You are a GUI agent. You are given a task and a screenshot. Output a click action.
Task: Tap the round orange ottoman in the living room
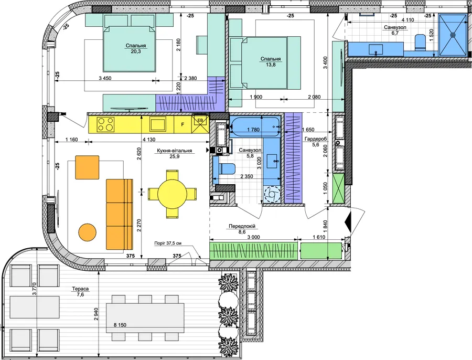point(87,232)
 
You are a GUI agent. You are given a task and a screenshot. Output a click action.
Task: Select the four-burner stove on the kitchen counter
point(106,124)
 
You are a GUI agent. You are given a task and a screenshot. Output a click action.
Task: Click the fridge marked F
point(183,124)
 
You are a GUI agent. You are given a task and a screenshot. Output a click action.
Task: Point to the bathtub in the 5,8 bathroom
point(255,128)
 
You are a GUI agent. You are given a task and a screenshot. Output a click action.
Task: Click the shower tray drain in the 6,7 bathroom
point(452,35)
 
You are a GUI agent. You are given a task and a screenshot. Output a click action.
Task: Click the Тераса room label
point(80,289)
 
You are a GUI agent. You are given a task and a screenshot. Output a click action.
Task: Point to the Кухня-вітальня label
point(174,151)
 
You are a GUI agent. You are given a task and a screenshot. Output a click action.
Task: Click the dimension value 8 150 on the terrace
point(120,325)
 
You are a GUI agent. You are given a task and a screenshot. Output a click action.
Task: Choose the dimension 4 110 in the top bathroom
point(407,20)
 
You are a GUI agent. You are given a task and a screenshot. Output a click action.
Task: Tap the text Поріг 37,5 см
point(168,243)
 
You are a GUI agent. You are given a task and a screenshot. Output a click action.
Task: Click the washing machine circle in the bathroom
point(272,194)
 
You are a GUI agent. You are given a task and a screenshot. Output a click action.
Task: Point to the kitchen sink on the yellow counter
point(158,124)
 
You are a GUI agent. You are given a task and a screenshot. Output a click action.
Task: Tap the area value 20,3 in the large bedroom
point(136,51)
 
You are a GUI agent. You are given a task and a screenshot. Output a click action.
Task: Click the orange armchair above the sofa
point(87,167)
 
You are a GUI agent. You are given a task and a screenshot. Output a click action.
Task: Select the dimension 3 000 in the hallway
point(254,237)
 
